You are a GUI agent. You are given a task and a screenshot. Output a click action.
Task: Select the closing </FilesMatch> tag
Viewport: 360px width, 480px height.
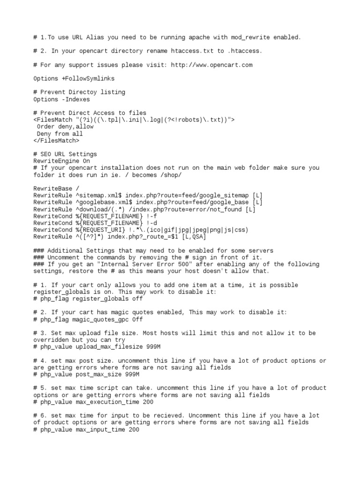tap(56, 140)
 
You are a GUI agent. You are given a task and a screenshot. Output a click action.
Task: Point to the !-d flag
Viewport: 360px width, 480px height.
tap(151, 223)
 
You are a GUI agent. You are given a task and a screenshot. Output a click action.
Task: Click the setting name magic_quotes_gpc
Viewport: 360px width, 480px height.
tap(100, 319)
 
